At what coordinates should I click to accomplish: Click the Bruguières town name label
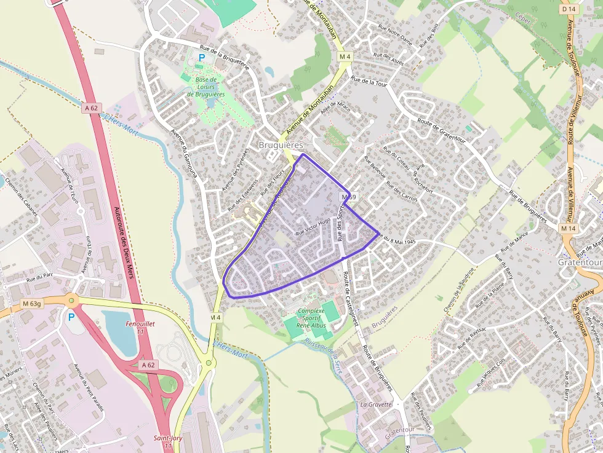[281, 144]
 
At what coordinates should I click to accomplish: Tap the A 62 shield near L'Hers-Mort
[92, 108]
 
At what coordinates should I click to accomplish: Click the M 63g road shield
[31, 303]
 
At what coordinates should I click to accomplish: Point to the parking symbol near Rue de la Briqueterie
[201, 58]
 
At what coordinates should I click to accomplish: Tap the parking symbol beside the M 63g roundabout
[71, 317]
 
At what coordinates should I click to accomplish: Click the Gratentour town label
[579, 262]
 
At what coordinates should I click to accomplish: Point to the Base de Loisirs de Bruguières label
[206, 87]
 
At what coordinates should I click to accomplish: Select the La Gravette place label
[376, 404]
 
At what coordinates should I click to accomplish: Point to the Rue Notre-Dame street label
[395, 36]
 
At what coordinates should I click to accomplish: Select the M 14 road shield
[567, 228]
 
